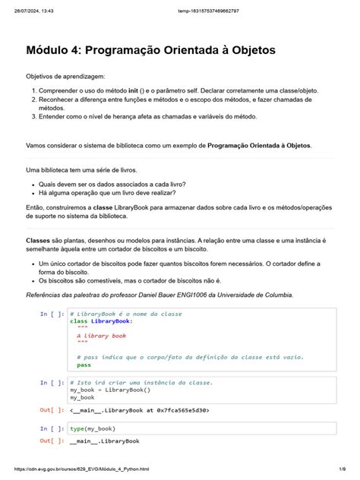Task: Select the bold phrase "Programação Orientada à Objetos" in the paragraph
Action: point(258,144)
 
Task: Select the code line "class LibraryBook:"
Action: point(101,321)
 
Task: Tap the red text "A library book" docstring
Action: point(102,335)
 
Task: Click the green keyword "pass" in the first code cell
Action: point(84,365)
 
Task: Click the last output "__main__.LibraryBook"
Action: point(104,441)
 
